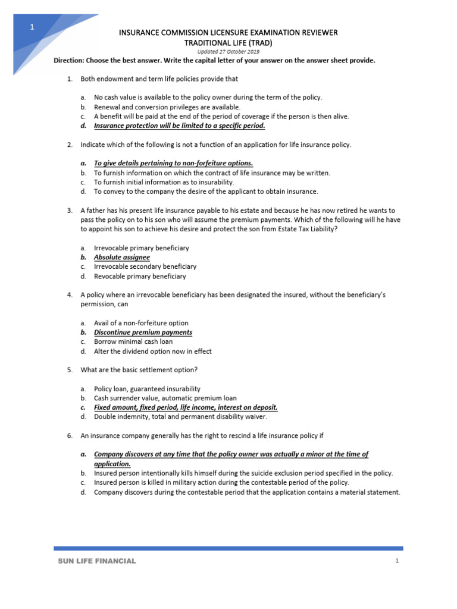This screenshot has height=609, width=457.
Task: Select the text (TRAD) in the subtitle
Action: click(x=260, y=42)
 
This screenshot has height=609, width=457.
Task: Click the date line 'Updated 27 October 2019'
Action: click(x=228, y=52)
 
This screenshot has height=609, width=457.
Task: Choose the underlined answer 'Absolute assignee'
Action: click(x=122, y=258)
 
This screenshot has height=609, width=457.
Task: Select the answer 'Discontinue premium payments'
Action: click(x=143, y=332)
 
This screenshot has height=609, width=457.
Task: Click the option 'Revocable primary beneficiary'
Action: click(x=140, y=277)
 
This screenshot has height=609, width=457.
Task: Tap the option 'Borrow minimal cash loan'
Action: click(x=133, y=342)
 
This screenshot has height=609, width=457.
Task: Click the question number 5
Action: click(x=70, y=370)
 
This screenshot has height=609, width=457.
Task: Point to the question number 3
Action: click(x=70, y=211)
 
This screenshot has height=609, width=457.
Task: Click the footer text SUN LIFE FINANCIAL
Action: click(x=96, y=561)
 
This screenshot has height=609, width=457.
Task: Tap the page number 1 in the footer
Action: click(x=396, y=561)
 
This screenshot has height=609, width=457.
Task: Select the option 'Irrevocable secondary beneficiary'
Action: click(x=145, y=267)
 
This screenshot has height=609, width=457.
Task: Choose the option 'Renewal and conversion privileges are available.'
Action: click(x=167, y=107)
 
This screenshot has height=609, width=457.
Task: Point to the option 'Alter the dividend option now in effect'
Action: click(x=153, y=351)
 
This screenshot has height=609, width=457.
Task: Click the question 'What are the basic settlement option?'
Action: click(x=139, y=370)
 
